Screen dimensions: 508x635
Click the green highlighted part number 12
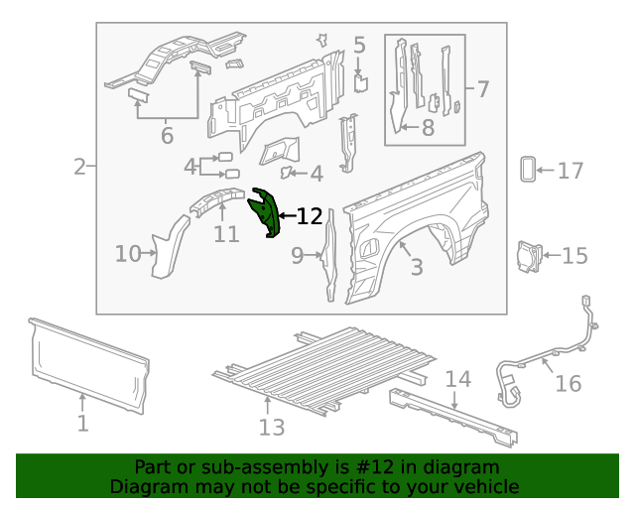(266, 213)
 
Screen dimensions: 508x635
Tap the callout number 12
(310, 216)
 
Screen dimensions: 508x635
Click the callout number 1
(83, 424)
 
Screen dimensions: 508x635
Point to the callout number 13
(272, 427)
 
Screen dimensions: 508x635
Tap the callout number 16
(569, 383)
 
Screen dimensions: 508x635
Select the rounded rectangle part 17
(527, 170)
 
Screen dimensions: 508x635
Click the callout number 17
(570, 172)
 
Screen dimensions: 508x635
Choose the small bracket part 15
(525, 254)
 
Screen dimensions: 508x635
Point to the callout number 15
(574, 256)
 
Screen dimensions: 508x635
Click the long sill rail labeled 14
(451, 413)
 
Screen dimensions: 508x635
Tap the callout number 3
(417, 267)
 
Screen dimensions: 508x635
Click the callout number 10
(128, 254)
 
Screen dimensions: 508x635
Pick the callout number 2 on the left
(79, 167)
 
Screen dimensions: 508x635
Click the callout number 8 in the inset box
(428, 127)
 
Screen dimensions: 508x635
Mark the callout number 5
(359, 45)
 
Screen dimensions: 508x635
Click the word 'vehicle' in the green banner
(485, 486)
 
